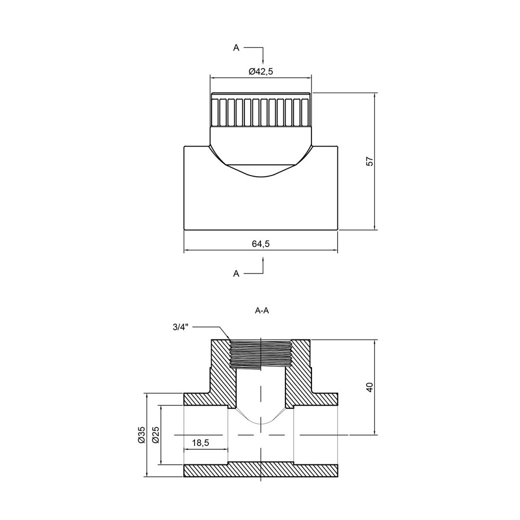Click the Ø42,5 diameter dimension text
[261, 72]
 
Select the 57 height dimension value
[370, 161]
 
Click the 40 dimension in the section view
[370, 387]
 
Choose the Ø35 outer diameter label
[141, 435]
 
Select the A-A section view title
[262, 310]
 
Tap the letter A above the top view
[236, 47]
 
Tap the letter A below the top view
[236, 273]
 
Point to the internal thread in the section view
[260, 354]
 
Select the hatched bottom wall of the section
[262, 470]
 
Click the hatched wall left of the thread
[218, 374]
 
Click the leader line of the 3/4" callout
[211, 327]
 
